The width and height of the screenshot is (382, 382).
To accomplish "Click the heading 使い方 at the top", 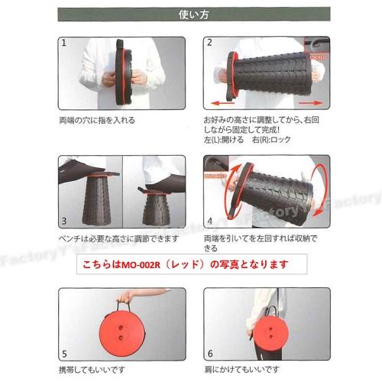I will (x=191, y=13).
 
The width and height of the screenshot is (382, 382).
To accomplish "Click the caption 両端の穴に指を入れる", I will (x=98, y=121).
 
